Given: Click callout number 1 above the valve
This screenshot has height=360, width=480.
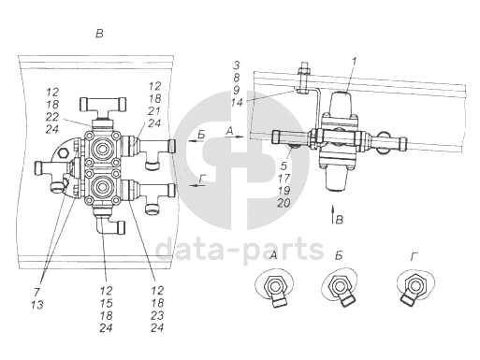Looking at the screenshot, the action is [354, 62].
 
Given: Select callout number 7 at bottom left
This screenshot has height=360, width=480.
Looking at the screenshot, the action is [36, 293].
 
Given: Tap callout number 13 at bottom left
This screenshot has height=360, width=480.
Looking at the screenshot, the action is [37, 305].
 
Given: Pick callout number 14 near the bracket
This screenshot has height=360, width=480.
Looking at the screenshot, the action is [237, 103].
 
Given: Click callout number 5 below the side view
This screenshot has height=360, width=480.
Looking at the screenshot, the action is [284, 166].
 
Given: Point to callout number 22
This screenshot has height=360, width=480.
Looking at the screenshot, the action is [52, 117].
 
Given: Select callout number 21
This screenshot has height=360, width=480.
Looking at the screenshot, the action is [154, 111].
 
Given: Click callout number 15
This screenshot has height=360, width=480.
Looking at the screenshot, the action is [106, 303].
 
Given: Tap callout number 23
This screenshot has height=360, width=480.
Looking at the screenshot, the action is [157, 315].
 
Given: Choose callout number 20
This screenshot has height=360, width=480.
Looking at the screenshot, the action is [284, 203].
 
